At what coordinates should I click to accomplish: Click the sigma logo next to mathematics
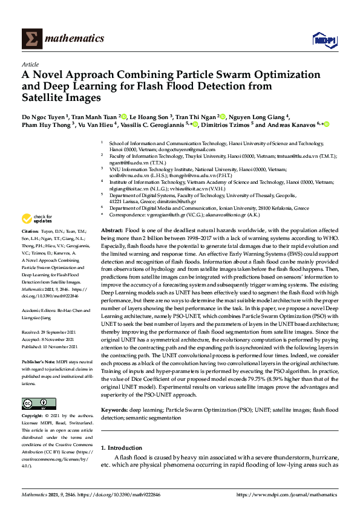(31, 39)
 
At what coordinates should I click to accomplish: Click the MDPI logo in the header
(324, 39)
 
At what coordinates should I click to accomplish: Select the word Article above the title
(30, 63)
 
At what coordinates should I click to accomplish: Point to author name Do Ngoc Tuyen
(44, 117)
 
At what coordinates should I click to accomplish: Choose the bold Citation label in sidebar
(30, 232)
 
